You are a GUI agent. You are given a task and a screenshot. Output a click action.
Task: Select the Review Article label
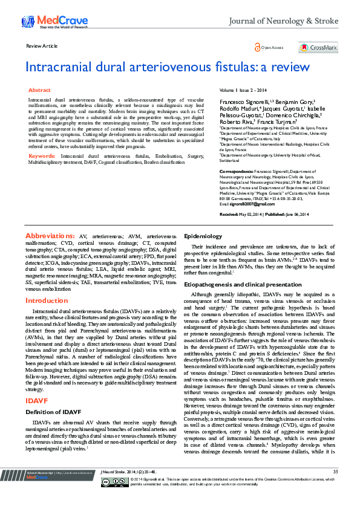tap(42, 46)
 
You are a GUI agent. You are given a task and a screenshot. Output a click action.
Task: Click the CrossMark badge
tap(318, 47)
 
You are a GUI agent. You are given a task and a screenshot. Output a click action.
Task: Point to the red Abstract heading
tap(40, 89)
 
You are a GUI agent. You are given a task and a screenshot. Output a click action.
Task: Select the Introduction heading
tap(47, 300)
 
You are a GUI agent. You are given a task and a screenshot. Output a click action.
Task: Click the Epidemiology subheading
tap(203, 235)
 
